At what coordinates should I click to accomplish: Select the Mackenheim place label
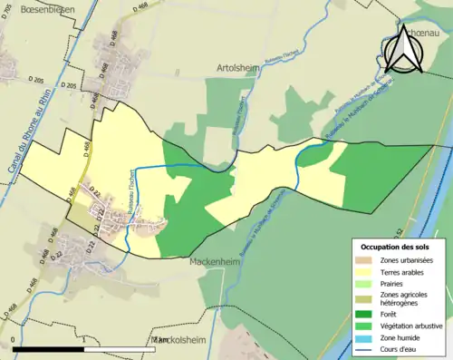click(216, 261)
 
